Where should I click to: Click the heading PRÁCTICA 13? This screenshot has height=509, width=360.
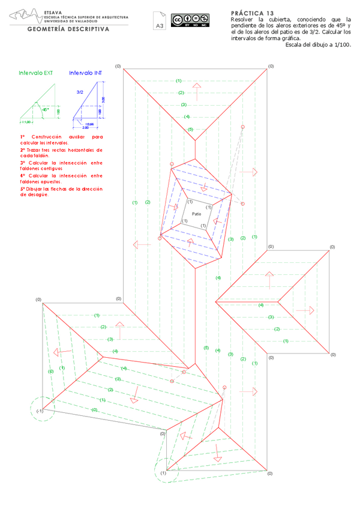click(252, 13)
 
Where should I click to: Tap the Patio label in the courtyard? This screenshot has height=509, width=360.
click(196, 214)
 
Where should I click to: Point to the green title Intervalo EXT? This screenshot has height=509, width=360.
click(35, 73)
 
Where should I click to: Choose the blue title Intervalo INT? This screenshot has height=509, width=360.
click(85, 73)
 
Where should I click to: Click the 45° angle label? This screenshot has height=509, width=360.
click(44, 110)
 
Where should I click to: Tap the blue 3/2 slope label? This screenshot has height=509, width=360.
click(80, 93)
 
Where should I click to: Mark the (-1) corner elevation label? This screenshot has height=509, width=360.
click(39, 411)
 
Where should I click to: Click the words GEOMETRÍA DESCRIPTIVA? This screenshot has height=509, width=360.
click(68, 29)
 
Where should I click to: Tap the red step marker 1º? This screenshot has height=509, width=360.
click(22, 137)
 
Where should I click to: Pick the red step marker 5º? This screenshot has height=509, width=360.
click(22, 188)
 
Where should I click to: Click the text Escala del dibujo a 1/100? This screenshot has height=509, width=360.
click(318, 44)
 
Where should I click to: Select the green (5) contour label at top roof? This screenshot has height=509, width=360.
click(190, 130)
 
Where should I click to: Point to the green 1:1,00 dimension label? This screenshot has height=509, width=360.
click(25, 122)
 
